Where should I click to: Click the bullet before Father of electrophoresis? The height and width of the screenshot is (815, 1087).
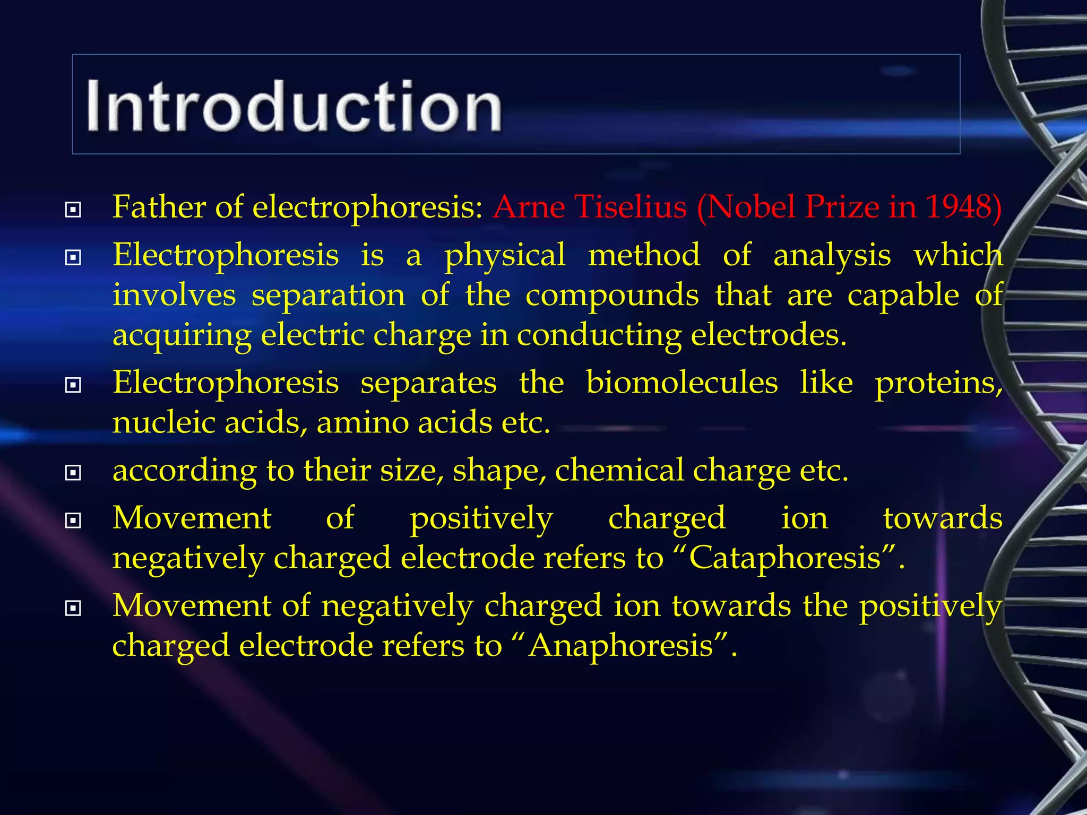[x=73, y=210]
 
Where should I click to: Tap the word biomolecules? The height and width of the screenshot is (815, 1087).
[x=682, y=383]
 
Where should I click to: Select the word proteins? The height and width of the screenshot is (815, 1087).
[x=937, y=383]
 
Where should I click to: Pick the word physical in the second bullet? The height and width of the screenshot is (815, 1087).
[x=505, y=255]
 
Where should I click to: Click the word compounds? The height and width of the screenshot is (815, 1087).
[x=612, y=295]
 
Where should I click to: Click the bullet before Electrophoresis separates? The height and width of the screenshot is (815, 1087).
[x=73, y=385]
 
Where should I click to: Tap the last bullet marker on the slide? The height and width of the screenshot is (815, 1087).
[x=73, y=608]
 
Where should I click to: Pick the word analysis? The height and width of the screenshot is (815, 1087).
[x=832, y=255]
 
